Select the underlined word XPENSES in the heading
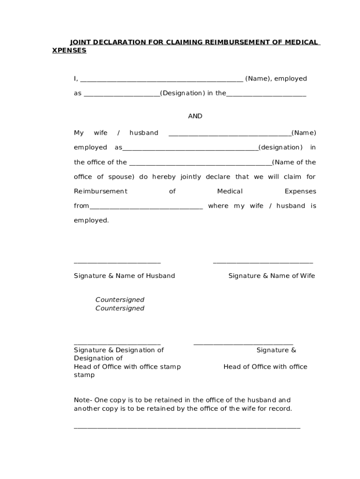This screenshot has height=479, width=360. click(x=69, y=51)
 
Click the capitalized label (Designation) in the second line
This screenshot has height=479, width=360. click(x=182, y=93)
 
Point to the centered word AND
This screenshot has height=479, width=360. click(x=195, y=116)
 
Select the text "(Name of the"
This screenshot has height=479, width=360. click(x=294, y=162)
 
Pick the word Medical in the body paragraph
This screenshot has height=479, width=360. click(x=230, y=191)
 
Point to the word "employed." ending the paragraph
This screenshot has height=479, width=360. click(x=91, y=220)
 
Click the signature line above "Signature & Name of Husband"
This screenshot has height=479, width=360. click(x=117, y=263)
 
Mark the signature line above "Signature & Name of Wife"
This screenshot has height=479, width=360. click(x=263, y=263)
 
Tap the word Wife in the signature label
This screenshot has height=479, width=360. click(x=307, y=276)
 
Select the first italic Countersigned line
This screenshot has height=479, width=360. click(x=120, y=299)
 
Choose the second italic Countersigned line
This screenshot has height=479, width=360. click(x=120, y=308)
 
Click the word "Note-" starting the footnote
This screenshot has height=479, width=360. click(x=83, y=400)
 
